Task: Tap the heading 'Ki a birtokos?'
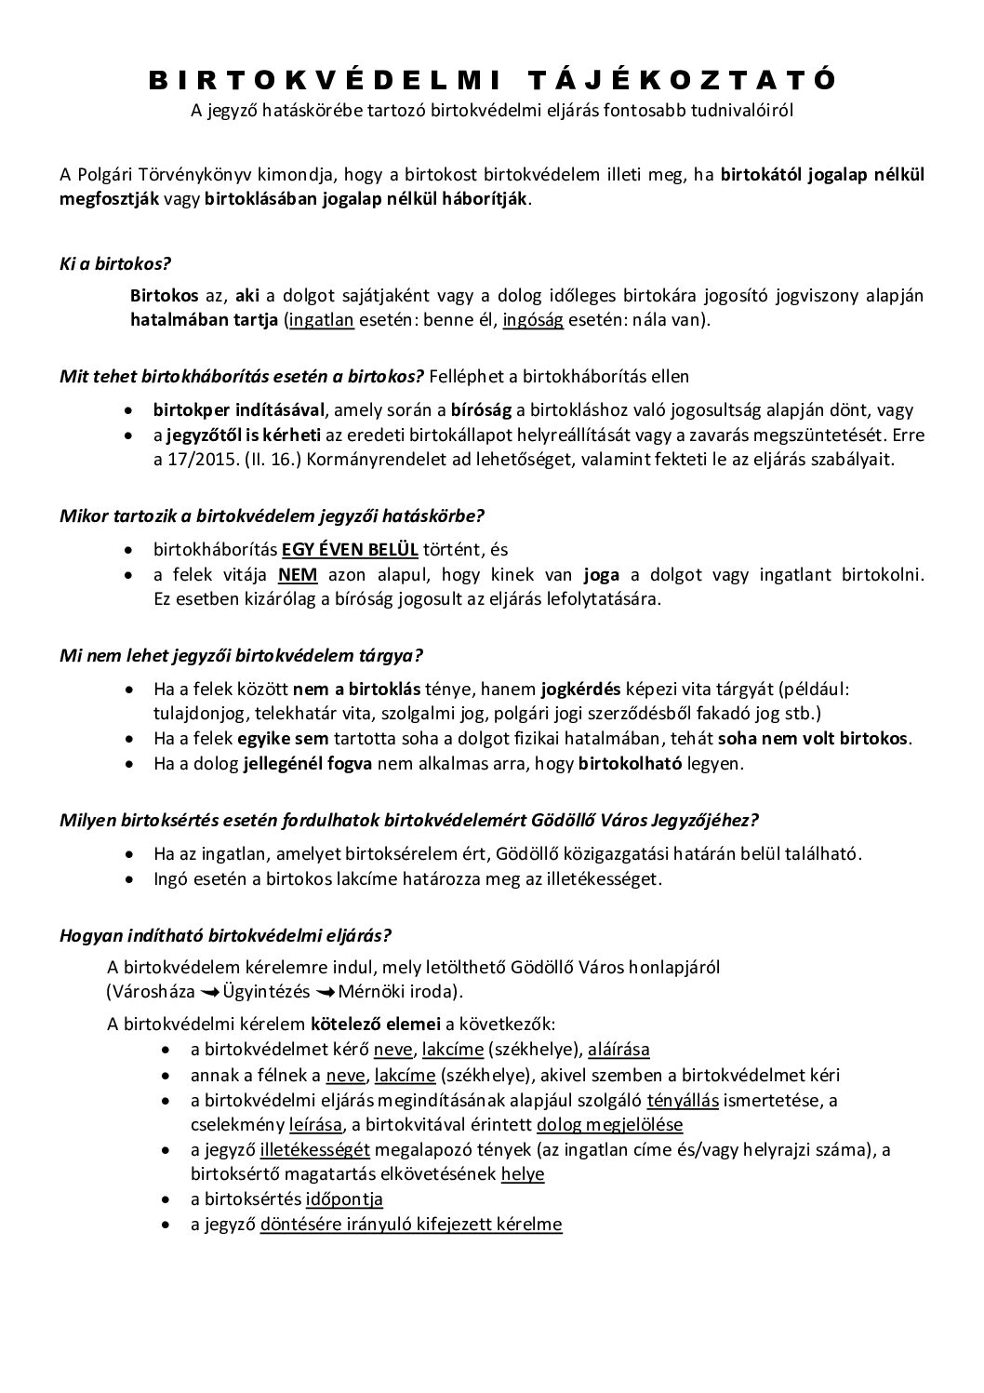coord(114,263)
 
